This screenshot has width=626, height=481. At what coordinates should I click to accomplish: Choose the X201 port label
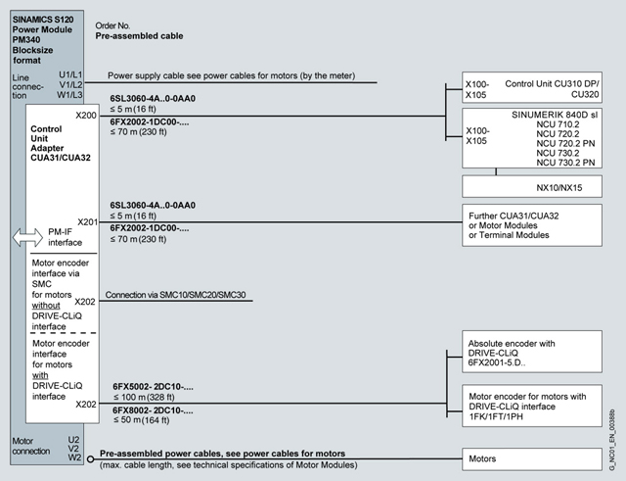pyautogui.click(x=86, y=221)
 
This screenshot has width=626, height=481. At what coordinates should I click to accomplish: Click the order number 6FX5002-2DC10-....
pyautogui.click(x=151, y=388)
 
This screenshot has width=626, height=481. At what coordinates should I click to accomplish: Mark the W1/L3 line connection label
pyautogui.click(x=69, y=95)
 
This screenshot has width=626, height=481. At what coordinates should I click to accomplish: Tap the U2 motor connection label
pyautogui.click(x=74, y=439)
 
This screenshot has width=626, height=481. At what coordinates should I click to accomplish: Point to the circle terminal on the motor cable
pyautogui.click(x=90, y=457)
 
